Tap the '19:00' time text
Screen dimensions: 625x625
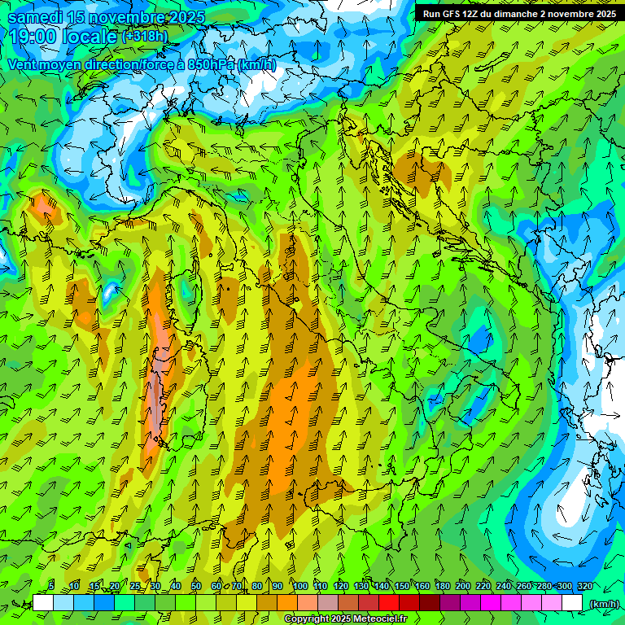tap(32, 37)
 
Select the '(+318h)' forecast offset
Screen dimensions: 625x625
tap(145, 37)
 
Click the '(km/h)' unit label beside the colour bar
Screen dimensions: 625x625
tap(604, 603)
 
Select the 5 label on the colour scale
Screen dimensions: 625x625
tap(51, 586)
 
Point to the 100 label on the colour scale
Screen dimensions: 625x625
tap(299, 586)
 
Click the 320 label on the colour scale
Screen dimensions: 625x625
tap(585, 586)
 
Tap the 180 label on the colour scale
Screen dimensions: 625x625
tap(443, 586)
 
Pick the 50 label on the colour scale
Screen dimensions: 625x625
tap(196, 586)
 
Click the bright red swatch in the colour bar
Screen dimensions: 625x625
tap(389, 603)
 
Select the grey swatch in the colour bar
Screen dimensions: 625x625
tap(328, 603)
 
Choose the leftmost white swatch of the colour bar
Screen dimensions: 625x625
tap(43, 603)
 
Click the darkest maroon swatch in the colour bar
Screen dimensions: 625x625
tap(430, 603)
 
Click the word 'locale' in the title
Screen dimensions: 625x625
tap(90, 37)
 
